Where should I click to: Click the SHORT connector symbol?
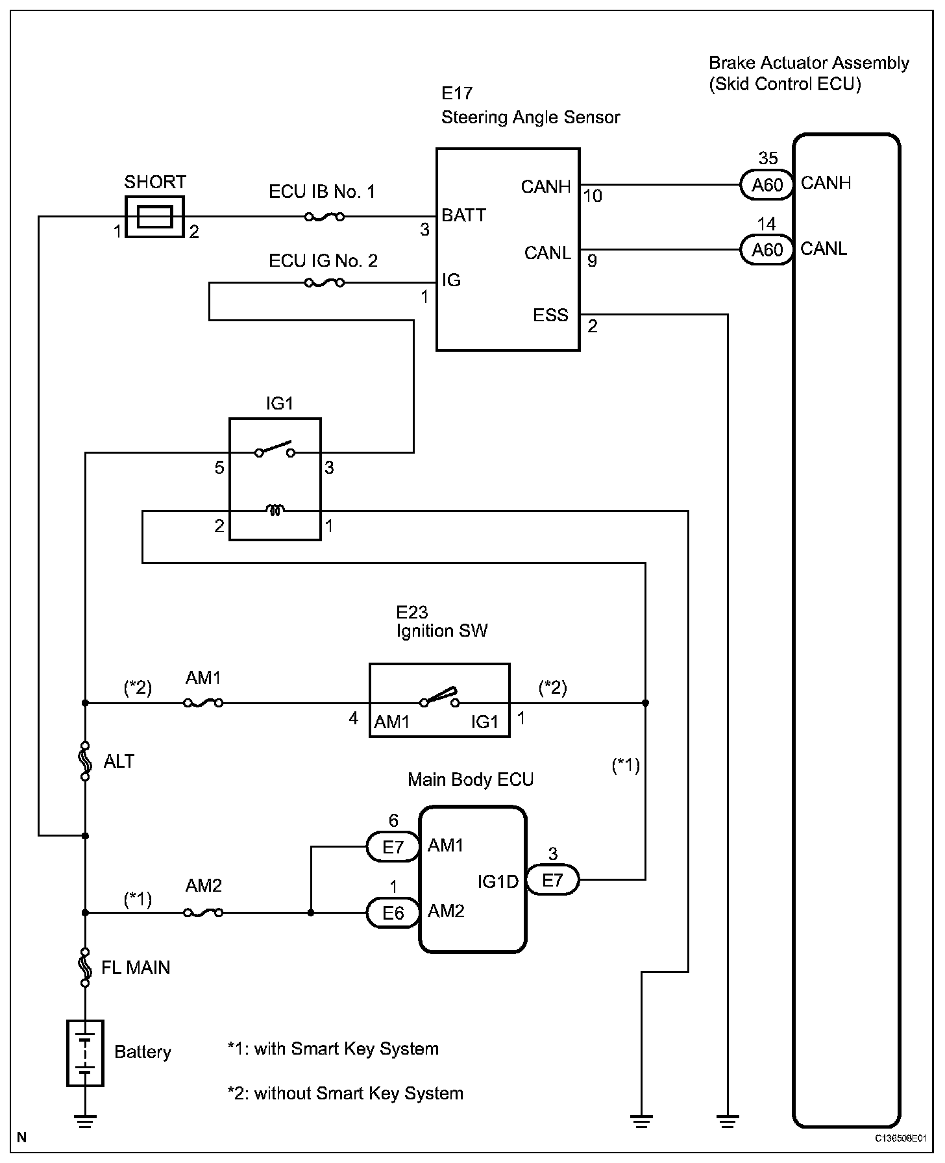click(x=154, y=217)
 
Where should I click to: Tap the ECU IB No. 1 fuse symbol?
click(x=324, y=217)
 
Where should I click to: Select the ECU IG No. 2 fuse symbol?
click(x=324, y=283)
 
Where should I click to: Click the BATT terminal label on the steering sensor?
click(x=463, y=215)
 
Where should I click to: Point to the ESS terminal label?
click(x=550, y=315)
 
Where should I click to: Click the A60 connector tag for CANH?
click(x=767, y=185)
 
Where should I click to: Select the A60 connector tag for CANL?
click(x=767, y=251)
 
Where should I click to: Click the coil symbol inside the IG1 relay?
click(x=275, y=511)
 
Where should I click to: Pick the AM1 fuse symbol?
click(x=204, y=703)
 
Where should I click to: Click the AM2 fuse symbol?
click(x=204, y=912)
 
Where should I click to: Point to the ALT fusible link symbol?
click(x=85, y=760)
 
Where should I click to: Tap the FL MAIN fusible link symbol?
click(x=85, y=967)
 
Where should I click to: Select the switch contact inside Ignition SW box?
click(x=439, y=698)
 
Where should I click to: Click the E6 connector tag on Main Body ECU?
click(x=393, y=913)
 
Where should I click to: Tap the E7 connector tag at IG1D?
click(x=552, y=880)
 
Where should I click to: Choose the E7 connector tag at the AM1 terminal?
click(x=393, y=846)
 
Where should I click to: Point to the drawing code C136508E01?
click(x=900, y=1138)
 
